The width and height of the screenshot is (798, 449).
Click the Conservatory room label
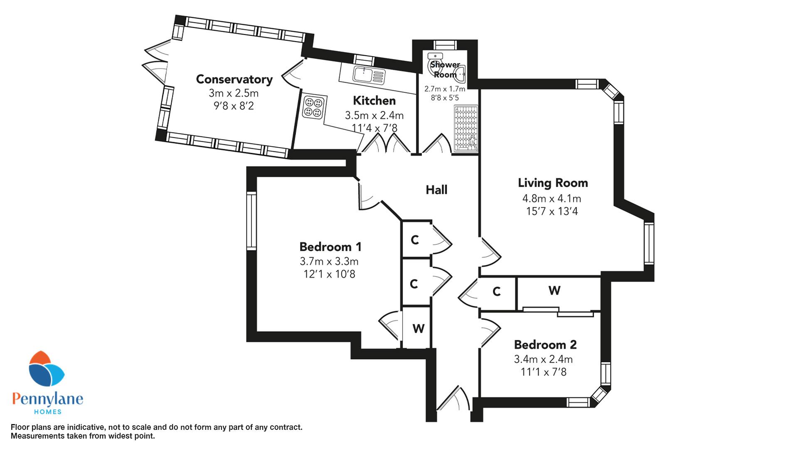tap(234, 79)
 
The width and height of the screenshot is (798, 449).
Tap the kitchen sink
tap(369, 75)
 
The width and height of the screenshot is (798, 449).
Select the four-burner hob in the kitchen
tap(312, 106)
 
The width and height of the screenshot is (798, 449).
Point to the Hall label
tap(436, 190)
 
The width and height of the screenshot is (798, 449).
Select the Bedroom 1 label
tap(330, 247)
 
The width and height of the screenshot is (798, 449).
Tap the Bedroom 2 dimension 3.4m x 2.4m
tap(543, 359)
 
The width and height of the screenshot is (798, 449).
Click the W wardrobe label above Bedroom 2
tap(554, 291)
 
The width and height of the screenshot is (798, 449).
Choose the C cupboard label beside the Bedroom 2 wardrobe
tap(496, 292)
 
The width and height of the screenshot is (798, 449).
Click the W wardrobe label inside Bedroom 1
tap(418, 328)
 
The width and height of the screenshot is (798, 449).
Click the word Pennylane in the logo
tap(48, 399)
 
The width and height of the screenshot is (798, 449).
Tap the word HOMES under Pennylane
tap(48, 412)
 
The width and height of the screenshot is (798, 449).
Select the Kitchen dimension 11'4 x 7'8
tap(374, 128)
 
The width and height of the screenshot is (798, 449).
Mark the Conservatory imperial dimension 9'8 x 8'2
tap(234, 106)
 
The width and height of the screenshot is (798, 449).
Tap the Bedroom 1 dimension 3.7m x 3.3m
tap(329, 262)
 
